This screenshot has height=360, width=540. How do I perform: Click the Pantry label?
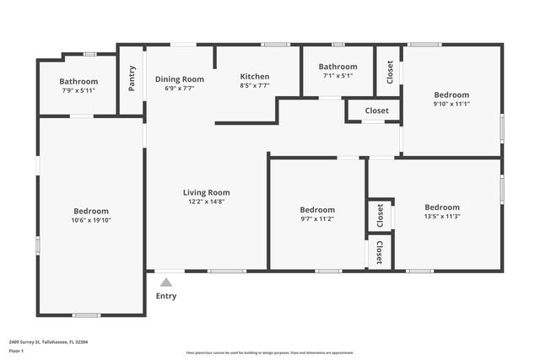point(132,78)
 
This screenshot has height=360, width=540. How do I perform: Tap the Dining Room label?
point(180,79)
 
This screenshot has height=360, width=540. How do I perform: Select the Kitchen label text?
point(255,76)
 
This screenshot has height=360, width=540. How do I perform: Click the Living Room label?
point(207,192)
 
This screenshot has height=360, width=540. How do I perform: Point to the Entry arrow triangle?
point(167,282)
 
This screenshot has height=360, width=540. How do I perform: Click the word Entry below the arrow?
point(167,296)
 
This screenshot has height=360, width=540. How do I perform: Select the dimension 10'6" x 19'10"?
point(91,220)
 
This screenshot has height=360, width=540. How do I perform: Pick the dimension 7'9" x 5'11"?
point(78,90)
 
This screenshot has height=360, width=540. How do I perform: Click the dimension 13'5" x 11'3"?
point(442,216)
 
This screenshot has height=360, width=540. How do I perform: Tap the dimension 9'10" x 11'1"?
point(451,104)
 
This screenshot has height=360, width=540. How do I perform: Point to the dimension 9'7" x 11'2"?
point(317,218)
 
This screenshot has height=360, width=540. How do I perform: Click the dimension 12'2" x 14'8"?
point(207,201)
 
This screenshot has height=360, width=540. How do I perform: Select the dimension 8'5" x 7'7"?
point(255,85)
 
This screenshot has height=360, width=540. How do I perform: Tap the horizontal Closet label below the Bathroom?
point(376,110)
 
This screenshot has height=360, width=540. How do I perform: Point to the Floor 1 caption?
point(16,350)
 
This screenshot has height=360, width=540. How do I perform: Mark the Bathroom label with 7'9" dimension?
point(78,82)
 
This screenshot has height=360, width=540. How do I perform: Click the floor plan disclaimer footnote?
point(269,352)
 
